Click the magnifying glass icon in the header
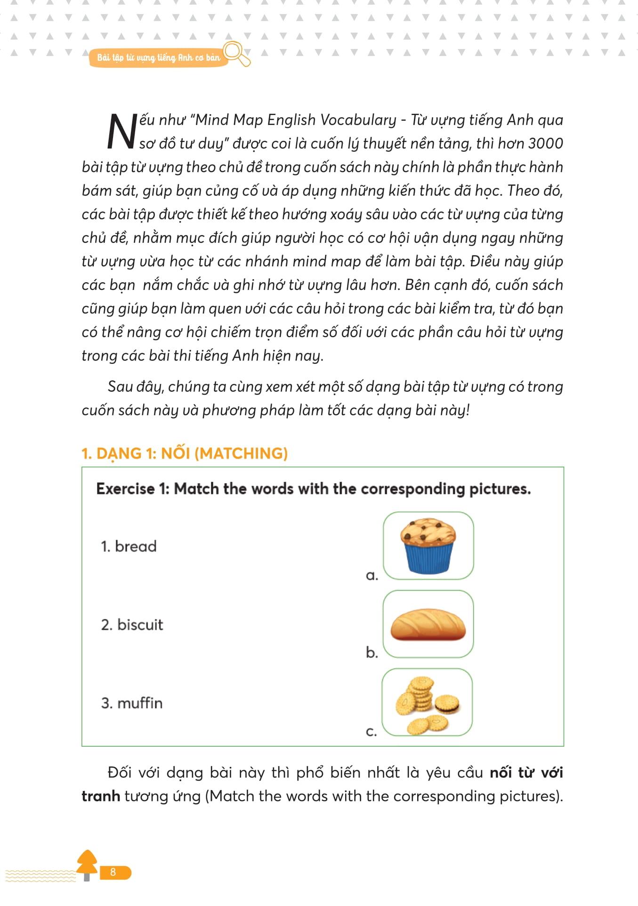236,53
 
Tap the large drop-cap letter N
121,132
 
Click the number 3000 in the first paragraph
545,143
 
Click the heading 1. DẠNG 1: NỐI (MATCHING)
185,453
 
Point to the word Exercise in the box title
125,489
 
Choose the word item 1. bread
129,546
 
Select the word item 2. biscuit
132,625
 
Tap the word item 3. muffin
132,703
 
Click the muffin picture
428,545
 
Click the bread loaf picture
428,624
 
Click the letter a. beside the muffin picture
372,576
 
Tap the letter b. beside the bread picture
372,652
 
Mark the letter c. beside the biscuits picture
371,732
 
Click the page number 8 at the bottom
113,872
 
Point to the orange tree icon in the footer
87,864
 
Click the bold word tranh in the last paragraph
101,796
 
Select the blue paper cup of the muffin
428,558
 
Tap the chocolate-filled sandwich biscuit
446,705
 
